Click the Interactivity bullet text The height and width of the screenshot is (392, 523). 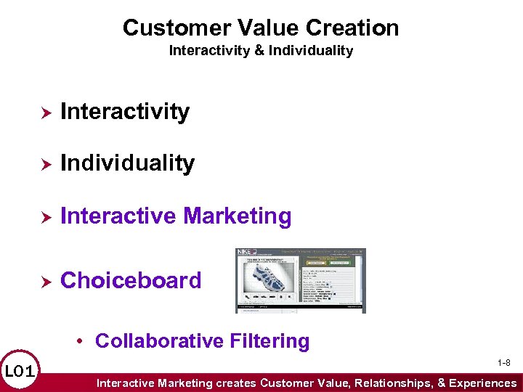coord(125,112)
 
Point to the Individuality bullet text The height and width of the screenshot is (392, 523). coord(127,163)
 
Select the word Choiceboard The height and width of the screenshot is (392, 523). coord(131,280)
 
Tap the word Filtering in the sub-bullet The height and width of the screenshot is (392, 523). coord(269,340)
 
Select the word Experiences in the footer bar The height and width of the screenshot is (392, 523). coord(482,383)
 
